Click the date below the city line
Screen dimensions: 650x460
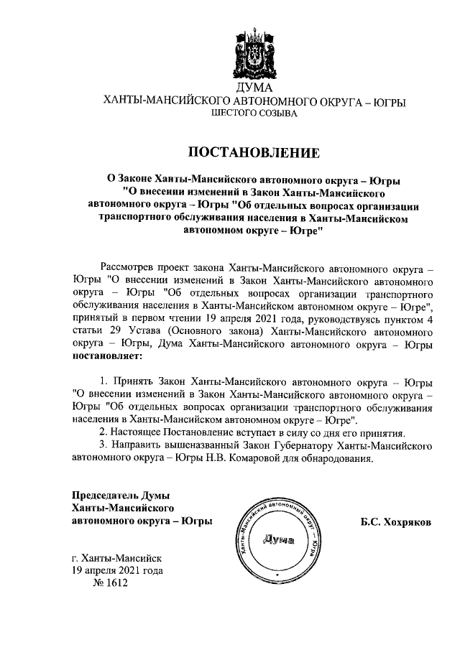click(x=117, y=571)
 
